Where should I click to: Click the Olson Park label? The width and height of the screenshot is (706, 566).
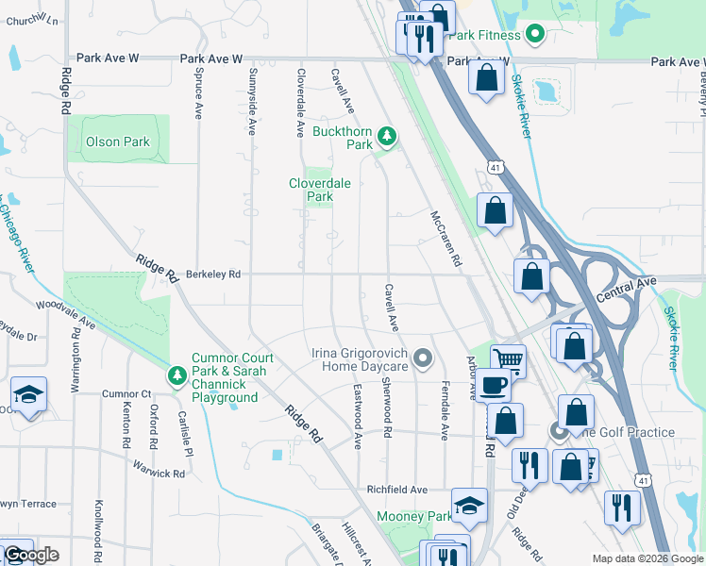point(118,142)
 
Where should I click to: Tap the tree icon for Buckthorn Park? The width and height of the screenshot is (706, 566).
point(386,138)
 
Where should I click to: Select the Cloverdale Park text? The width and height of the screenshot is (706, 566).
point(311,190)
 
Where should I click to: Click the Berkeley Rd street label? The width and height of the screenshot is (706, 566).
point(213,275)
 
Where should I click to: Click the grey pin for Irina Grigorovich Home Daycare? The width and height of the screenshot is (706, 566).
point(423,358)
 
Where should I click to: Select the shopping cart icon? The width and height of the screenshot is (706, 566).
point(508,358)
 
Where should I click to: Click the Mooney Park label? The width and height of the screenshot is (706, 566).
point(414,517)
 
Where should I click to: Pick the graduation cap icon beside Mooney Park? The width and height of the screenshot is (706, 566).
point(469,506)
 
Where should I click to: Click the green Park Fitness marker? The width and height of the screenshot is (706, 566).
point(534,36)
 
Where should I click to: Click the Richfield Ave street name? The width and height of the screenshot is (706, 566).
point(397,491)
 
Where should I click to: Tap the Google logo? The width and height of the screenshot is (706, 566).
point(31,555)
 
